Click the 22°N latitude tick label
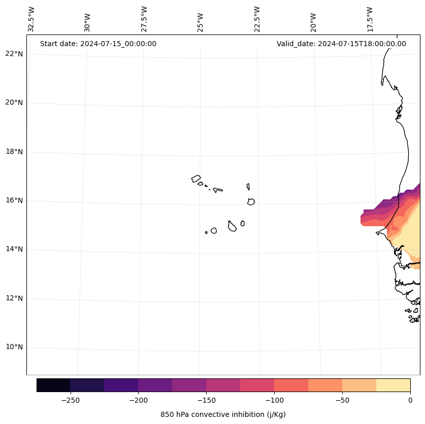tap(14, 54)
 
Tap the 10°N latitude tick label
tap(14, 347)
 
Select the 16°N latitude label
tap(14, 200)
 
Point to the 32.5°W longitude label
tap(31, 19)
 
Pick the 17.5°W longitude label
tap(370, 19)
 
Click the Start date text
tap(98, 44)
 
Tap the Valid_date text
tap(341, 44)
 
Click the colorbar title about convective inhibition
tap(223, 414)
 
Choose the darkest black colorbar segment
tap(53, 385)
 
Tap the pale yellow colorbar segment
tap(393, 385)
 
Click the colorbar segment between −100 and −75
tap(291, 385)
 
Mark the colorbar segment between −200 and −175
tap(155, 385)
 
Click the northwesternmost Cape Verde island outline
tap(196, 179)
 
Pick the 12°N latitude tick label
tap(14, 298)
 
